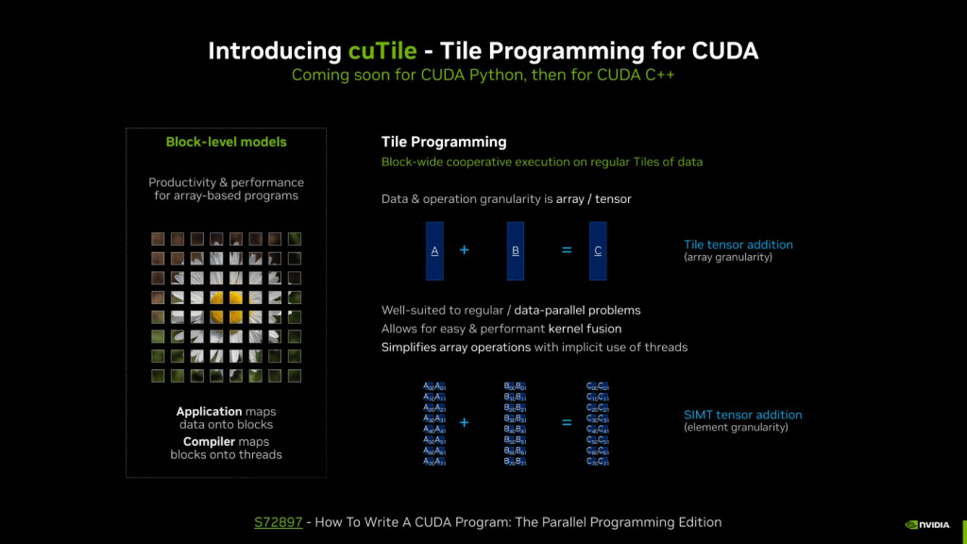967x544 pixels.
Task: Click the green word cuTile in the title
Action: (382, 50)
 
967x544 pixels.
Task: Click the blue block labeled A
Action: (434, 250)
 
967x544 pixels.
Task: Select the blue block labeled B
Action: (515, 250)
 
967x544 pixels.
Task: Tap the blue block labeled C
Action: (598, 250)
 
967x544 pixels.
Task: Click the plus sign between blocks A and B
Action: (464, 250)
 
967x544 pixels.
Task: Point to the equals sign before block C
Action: (567, 250)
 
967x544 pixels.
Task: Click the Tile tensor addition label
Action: (738, 245)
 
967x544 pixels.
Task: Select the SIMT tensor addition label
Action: (742, 415)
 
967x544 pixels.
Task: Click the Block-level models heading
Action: (226, 143)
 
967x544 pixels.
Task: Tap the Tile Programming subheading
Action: (444, 142)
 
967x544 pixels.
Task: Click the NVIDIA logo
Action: (929, 524)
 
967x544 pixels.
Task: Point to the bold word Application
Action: (209, 412)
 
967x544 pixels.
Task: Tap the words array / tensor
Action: (592, 199)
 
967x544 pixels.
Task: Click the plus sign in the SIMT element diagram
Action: (464, 422)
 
